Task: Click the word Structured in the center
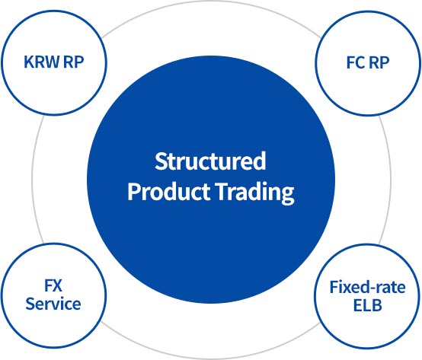[210, 161]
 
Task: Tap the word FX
[53, 288]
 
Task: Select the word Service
[53, 304]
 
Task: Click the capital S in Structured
[160, 161]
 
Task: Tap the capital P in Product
[133, 192]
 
